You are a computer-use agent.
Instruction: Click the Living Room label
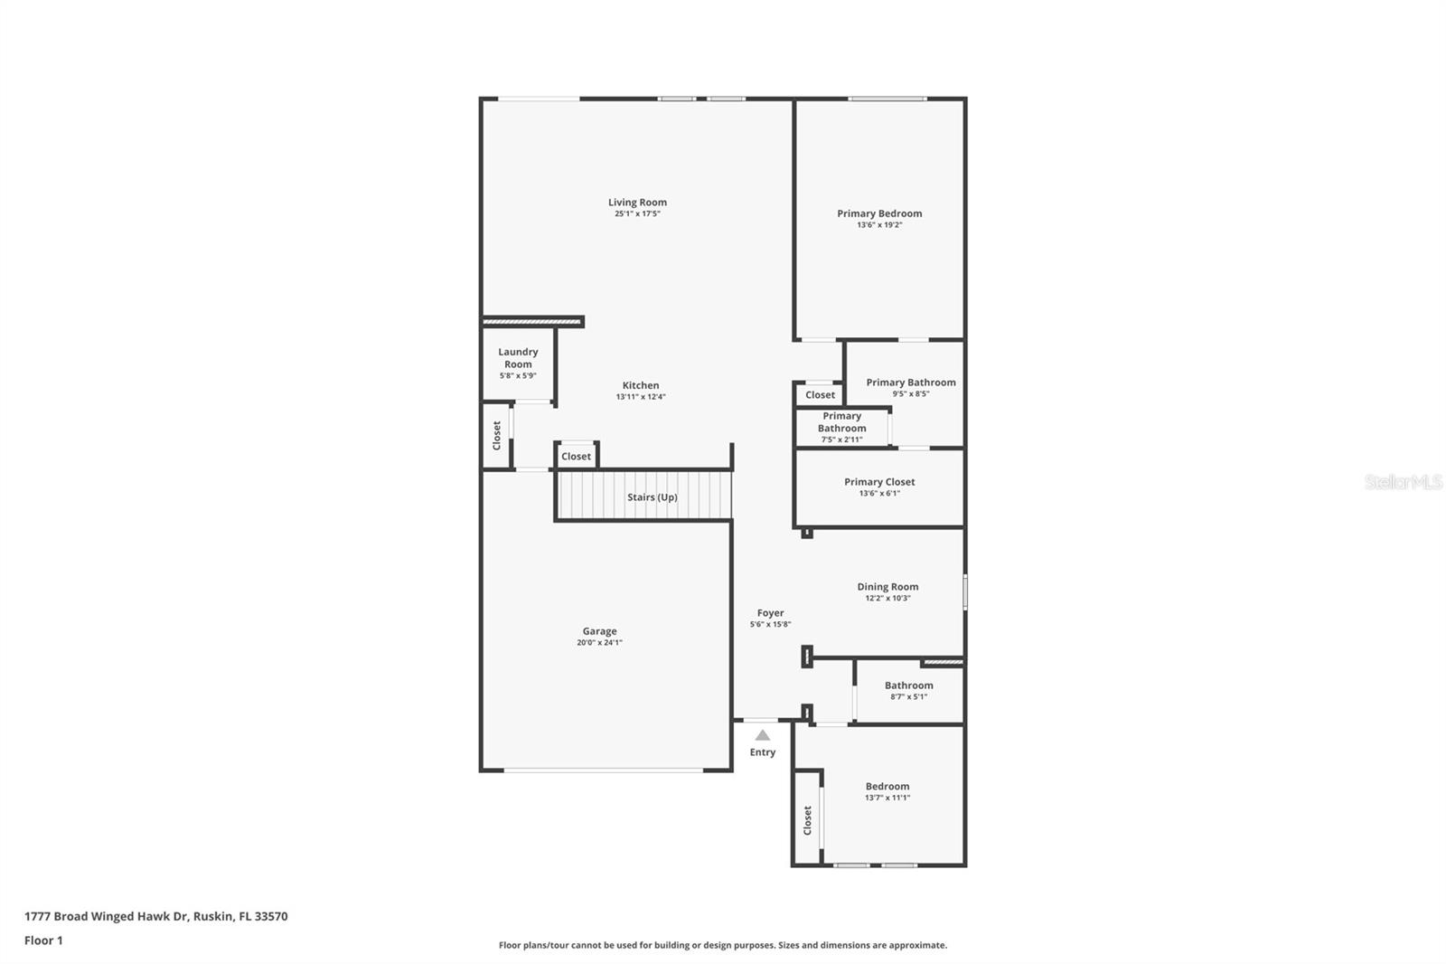[637, 203]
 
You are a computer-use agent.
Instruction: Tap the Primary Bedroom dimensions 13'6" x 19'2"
[879, 225]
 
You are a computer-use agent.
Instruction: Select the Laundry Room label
[518, 358]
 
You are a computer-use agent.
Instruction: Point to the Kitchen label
[641, 385]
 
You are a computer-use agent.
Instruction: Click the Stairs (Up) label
[652, 496]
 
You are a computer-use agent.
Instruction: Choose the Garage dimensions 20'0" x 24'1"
[599, 642]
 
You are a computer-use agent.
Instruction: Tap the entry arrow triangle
[763, 735]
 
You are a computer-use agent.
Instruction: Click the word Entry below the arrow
[763, 752]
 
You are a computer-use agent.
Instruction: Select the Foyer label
[770, 612]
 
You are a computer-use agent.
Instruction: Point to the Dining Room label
[887, 587]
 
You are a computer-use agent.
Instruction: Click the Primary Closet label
[879, 481]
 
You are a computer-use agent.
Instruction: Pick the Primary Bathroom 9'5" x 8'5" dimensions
[911, 394]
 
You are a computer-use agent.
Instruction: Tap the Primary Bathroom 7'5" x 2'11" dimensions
[841, 439]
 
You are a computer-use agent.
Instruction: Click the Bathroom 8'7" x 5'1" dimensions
[909, 696]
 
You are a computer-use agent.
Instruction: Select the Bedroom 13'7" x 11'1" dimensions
[887, 798]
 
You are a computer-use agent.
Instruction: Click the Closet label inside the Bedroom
[807, 820]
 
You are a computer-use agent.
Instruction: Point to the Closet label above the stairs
[576, 456]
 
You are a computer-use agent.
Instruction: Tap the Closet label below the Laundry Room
[496, 436]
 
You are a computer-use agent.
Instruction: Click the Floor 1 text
[43, 940]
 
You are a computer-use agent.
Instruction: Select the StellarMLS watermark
[1403, 481]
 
